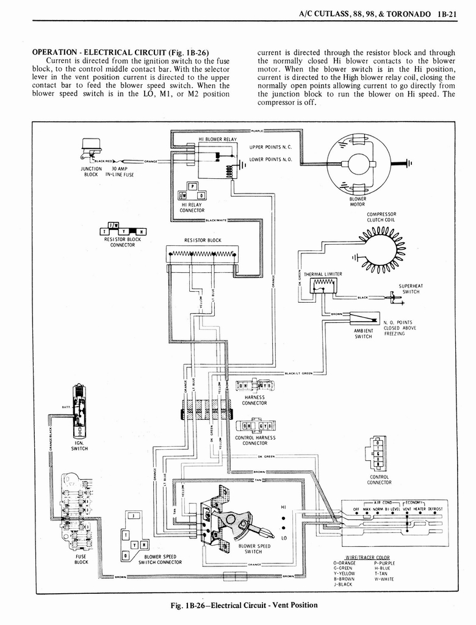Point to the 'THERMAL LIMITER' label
pos(323,274)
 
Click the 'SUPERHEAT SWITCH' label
pos(411,289)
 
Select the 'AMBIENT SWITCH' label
pos(363,333)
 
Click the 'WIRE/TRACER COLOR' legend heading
pos(367,557)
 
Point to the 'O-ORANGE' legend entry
pos(345,563)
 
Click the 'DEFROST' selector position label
pos(435,508)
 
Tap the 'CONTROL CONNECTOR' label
pos(379,479)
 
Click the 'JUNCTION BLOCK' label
pos(90,172)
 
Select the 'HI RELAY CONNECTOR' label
pos(192,208)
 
